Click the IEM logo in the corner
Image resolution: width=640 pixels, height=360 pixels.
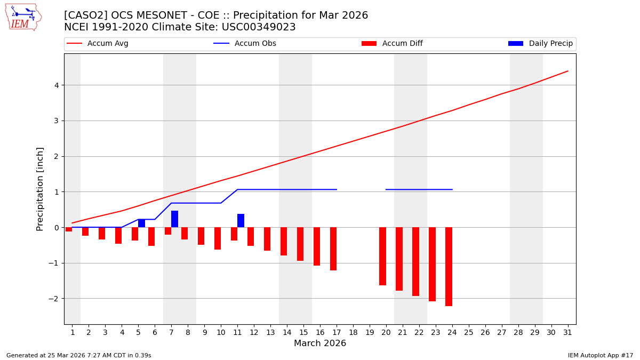23,17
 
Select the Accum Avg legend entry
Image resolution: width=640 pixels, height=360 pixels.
98,44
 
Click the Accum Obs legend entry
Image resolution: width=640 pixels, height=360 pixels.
245,44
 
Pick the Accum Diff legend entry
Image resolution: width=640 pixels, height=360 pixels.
392,44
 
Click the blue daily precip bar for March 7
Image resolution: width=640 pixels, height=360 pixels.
174,219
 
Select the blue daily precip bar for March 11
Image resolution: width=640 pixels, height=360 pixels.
241,220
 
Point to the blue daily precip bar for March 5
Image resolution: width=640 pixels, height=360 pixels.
141,223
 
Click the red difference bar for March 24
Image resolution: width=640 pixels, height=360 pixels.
449,267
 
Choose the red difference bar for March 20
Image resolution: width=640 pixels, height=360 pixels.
382,256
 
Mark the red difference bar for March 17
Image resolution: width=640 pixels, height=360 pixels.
333,249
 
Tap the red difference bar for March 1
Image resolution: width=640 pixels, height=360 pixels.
69,229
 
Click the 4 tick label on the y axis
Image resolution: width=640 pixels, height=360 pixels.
56,85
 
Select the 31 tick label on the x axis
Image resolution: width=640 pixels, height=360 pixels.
567,332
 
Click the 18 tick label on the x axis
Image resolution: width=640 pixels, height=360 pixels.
353,332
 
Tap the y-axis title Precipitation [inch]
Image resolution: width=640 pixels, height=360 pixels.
40,189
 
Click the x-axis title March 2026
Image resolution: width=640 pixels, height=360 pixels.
320,343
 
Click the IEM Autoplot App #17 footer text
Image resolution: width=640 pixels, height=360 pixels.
601,355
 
